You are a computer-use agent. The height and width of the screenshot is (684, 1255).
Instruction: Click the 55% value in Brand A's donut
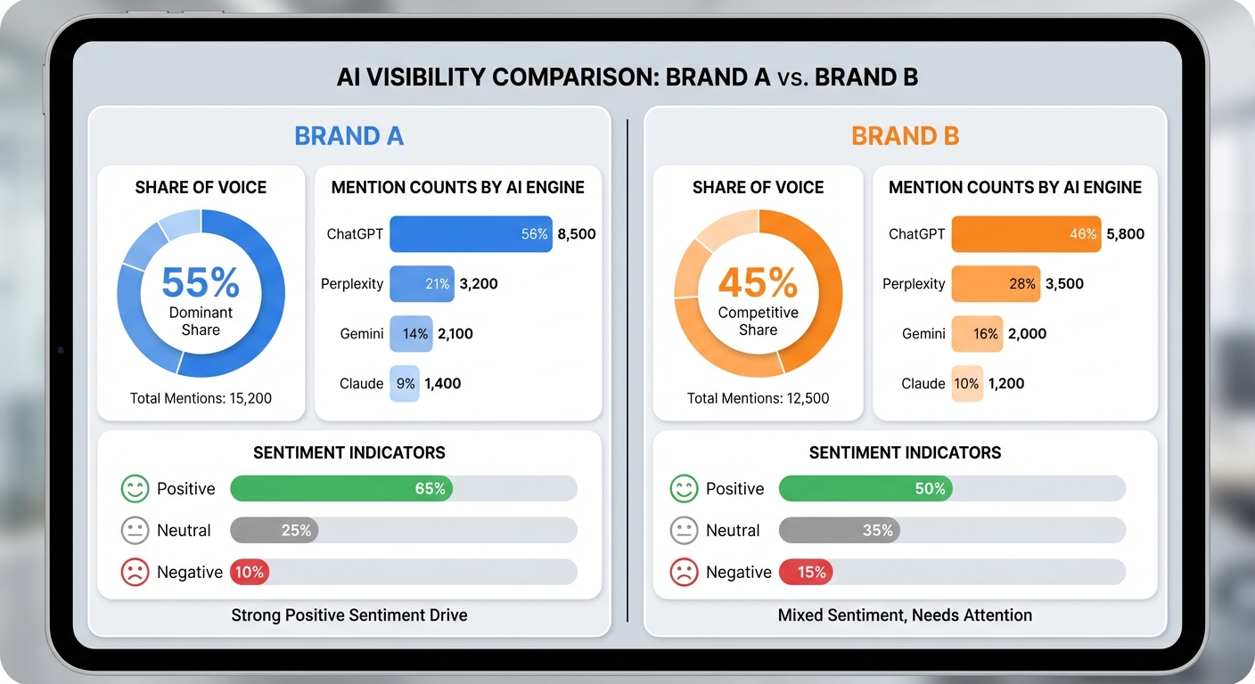point(201,282)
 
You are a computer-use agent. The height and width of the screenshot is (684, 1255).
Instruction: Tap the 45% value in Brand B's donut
point(758,282)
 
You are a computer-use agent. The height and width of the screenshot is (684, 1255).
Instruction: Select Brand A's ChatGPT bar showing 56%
point(471,234)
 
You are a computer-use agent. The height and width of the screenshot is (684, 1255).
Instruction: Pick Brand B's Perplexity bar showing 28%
point(996,284)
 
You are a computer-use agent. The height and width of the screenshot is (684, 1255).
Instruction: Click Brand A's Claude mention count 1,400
point(442,384)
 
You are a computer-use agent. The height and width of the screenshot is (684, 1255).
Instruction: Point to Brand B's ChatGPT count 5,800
point(1125,234)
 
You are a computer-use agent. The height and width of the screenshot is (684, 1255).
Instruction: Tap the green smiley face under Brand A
point(135,489)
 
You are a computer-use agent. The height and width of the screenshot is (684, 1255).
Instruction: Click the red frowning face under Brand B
point(684,572)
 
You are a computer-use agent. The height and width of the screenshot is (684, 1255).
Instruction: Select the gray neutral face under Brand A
point(135,531)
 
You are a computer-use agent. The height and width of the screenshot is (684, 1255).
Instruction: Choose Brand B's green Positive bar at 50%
point(865,489)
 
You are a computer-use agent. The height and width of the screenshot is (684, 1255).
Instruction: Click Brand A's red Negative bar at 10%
point(250,572)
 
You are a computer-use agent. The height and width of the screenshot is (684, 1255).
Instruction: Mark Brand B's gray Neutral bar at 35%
point(839,531)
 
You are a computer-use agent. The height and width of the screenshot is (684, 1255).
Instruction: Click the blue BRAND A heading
point(349,136)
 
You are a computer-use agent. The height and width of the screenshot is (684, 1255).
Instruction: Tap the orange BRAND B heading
point(905,136)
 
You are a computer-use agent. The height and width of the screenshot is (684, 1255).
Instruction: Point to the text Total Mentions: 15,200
point(201,398)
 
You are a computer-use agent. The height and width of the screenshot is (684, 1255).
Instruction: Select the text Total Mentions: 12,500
point(758,398)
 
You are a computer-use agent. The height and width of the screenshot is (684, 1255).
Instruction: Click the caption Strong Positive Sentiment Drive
point(349,615)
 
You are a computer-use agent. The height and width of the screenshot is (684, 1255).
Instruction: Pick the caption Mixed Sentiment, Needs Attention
point(905,615)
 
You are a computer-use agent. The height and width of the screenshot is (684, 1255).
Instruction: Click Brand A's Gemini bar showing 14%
point(411,334)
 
